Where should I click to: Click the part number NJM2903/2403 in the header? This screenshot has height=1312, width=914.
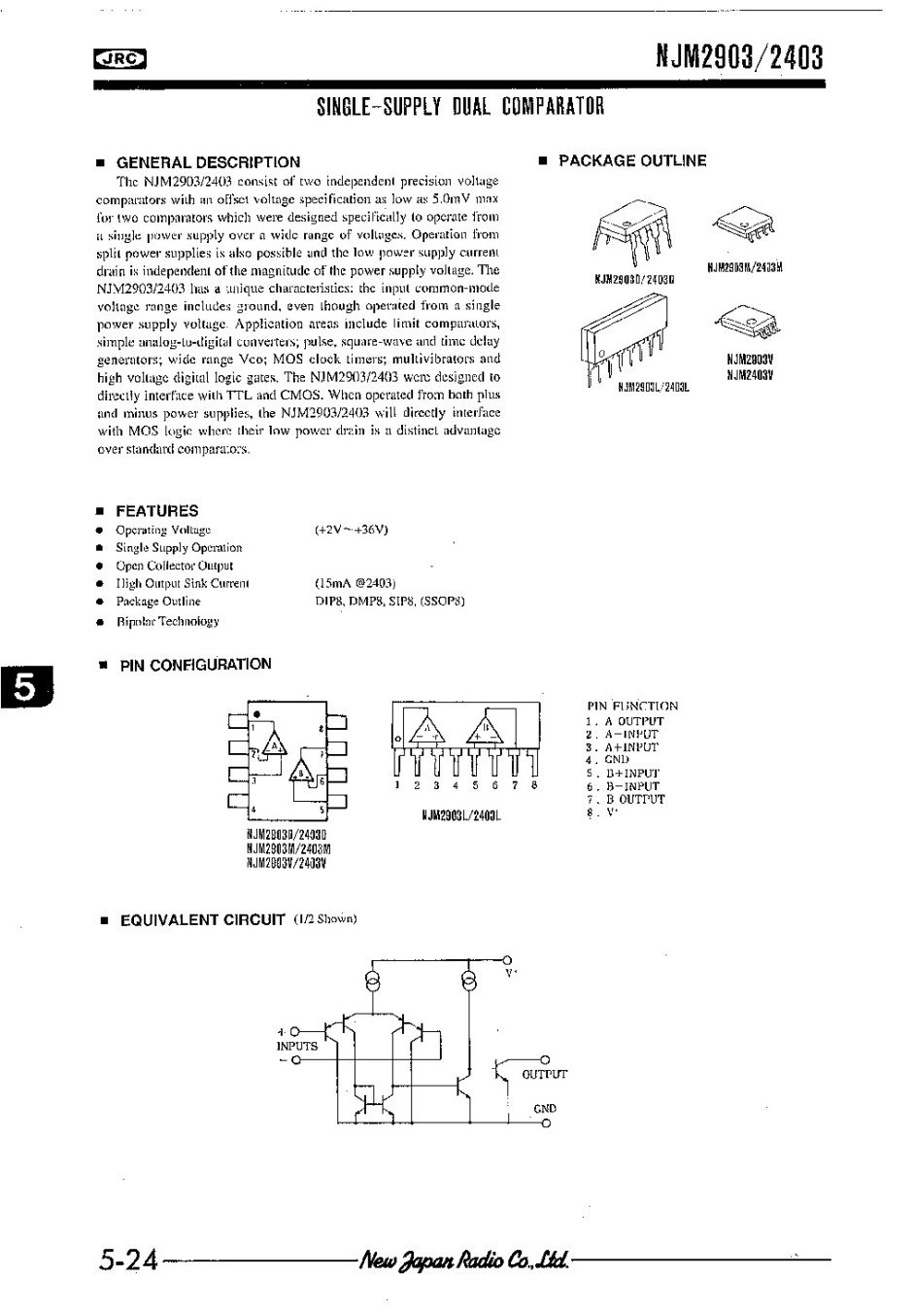(740, 58)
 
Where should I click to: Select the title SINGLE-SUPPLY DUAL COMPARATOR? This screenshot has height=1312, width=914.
(461, 107)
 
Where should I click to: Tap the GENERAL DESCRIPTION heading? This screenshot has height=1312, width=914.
(208, 162)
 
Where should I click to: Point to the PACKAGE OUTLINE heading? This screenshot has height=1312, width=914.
(631, 160)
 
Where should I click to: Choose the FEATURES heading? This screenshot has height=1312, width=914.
(156, 511)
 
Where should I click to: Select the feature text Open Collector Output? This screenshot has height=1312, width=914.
(175, 566)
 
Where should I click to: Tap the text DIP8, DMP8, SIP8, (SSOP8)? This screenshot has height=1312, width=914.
(389, 602)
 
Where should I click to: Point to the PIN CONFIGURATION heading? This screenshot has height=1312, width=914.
(195, 665)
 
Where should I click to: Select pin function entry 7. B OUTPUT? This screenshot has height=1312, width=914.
(626, 799)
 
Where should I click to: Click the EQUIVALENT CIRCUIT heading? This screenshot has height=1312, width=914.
(202, 919)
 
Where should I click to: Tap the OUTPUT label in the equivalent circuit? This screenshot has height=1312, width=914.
(544, 1074)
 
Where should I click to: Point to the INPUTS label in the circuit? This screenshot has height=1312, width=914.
(297, 1047)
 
